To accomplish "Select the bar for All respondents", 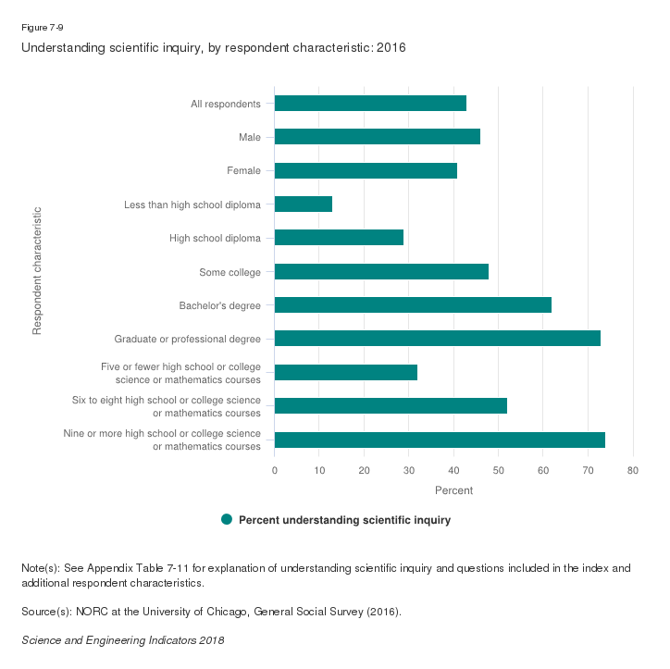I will [370, 103].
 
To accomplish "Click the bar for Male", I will [377, 137].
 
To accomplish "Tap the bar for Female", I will [366, 170].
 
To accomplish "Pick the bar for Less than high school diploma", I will [304, 204].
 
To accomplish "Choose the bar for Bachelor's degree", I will [413, 305].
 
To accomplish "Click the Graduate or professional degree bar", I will [437, 339].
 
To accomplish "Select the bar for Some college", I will [381, 272].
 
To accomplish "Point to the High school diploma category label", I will [215, 238].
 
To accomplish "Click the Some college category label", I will [230, 272].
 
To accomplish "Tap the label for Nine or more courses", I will [161, 440].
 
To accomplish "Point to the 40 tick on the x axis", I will [453, 470].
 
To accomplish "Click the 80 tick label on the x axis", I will [633, 470].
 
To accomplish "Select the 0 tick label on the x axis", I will [275, 470].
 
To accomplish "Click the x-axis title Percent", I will [453, 490].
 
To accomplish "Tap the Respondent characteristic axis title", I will [37, 270].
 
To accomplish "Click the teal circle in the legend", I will [227, 520].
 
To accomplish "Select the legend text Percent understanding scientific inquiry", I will [344, 520].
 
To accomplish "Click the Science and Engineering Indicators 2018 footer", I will [122, 639].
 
